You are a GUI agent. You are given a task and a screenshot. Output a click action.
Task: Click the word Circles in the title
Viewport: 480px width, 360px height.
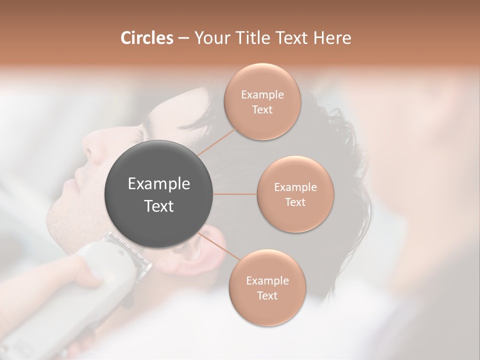(146, 38)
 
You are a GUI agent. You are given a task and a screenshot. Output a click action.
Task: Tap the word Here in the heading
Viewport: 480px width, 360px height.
(332, 38)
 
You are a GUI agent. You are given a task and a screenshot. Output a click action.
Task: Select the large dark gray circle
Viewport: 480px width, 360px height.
(159, 194)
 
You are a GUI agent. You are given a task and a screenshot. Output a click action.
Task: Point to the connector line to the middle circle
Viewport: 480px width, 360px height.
(235, 194)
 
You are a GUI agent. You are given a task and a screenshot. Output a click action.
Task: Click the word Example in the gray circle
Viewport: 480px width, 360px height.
(159, 184)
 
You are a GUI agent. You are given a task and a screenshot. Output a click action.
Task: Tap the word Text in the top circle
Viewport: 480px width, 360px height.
(262, 109)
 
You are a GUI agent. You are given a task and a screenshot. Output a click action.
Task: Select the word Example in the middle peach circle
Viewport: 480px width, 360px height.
(295, 187)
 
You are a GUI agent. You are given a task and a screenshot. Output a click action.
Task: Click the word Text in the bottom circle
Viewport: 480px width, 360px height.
(267, 295)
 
